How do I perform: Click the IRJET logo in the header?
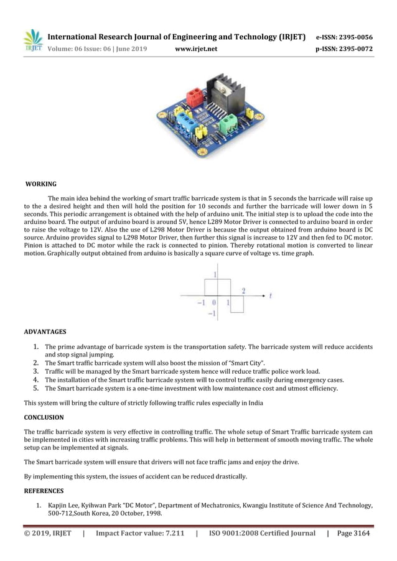[x=33, y=40]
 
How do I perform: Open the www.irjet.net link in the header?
[x=196, y=49]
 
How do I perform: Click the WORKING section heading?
[x=40, y=184]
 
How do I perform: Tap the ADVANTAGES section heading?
[x=45, y=331]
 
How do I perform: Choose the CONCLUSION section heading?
[x=44, y=417]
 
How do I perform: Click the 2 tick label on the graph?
[x=243, y=290]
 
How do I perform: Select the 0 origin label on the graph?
[x=213, y=304]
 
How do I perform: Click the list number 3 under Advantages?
[x=37, y=372]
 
